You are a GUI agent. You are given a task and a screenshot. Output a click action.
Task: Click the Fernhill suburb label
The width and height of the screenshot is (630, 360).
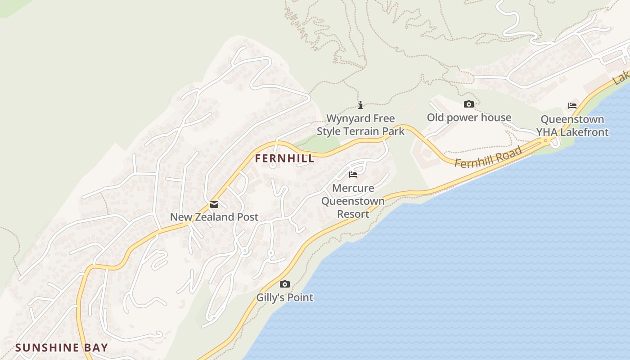tap(284, 158)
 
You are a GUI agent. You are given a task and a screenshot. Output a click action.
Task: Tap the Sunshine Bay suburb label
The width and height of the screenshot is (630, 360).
tap(62, 347)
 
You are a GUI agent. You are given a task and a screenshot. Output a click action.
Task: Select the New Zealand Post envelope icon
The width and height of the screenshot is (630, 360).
tap(214, 204)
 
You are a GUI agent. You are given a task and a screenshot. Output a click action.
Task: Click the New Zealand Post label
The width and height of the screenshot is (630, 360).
tap(214, 217)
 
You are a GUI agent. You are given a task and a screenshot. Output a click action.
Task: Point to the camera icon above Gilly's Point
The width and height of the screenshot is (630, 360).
tap(284, 284)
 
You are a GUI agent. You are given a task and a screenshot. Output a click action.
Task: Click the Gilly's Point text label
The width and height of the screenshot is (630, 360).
tap(284, 297)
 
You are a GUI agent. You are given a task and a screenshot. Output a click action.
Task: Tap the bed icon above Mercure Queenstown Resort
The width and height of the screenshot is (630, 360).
tap(353, 175)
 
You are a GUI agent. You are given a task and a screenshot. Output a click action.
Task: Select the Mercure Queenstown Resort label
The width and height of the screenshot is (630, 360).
tap(353, 201)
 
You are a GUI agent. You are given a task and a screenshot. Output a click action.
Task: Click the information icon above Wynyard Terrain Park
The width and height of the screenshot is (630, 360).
tap(360, 105)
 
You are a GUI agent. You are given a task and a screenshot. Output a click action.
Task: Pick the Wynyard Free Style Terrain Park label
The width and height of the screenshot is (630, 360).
tap(360, 125)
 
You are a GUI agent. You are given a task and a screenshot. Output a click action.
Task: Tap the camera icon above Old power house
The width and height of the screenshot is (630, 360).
tap(468, 104)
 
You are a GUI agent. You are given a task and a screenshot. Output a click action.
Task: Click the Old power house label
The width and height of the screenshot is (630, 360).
tap(469, 117)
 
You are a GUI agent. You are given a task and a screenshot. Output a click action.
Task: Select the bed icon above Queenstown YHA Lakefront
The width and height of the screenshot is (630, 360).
tap(572, 106)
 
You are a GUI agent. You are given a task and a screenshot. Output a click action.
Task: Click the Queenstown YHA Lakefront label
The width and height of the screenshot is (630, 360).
tap(572, 126)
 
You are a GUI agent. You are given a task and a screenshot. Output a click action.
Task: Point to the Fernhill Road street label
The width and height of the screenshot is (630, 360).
tap(488, 157)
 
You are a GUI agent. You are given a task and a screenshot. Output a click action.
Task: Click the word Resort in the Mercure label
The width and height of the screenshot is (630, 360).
tap(353, 214)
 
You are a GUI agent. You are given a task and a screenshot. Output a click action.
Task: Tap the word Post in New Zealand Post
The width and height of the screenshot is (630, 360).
tap(247, 217)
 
